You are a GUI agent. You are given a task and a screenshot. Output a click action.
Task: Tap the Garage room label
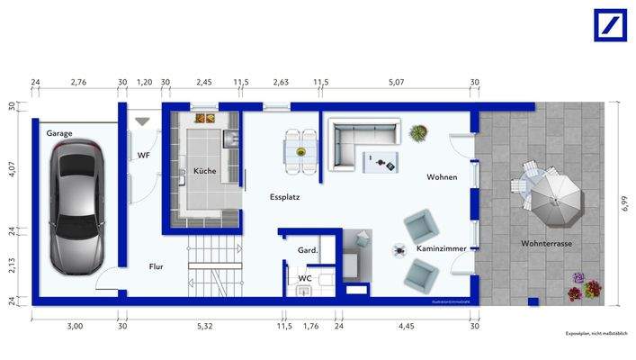tap(59, 133)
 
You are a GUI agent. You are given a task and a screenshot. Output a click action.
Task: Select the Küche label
tap(205, 171)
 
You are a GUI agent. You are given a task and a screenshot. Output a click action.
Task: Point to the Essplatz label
tap(284, 195)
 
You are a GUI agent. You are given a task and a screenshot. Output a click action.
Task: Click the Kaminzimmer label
tap(439, 247)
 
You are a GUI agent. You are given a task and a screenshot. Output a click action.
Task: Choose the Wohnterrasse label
tap(546, 244)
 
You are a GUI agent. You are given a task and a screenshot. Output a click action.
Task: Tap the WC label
tap(305, 279)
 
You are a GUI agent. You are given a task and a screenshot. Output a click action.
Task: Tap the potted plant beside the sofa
tap(418, 134)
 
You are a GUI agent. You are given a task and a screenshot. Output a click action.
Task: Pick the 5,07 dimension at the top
tap(398, 83)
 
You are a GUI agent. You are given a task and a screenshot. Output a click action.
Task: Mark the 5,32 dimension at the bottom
tap(206, 326)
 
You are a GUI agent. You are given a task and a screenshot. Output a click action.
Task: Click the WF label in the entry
tap(144, 156)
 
